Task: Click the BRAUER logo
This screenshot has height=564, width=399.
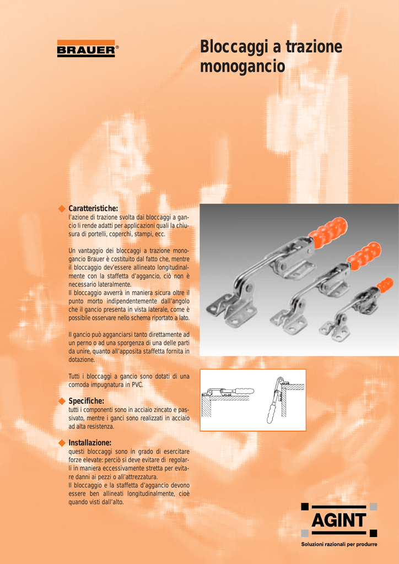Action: coord(86,48)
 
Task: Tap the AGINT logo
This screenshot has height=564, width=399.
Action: coord(338,520)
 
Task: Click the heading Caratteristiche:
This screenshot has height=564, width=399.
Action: coord(93,208)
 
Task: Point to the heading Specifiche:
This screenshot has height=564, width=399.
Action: coord(87,401)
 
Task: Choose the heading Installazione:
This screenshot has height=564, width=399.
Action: coord(90,442)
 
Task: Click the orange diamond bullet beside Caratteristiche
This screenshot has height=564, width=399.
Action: coord(62,209)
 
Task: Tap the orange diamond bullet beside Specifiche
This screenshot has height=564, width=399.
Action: coord(62,401)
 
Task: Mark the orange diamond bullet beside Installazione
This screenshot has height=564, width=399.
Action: coord(62,442)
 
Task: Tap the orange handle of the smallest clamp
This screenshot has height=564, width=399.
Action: coord(385,285)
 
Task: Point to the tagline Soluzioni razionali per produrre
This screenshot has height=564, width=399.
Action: coord(339,544)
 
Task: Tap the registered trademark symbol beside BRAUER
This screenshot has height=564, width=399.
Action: coord(117,47)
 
